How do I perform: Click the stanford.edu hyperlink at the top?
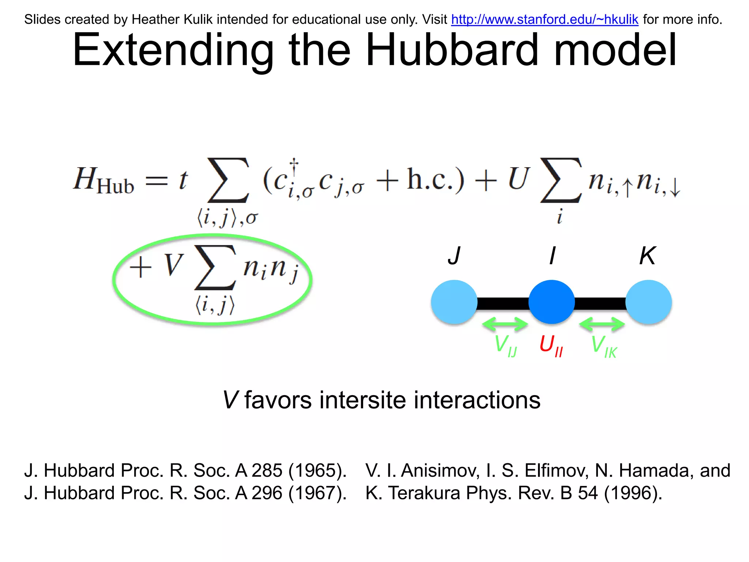click(544, 19)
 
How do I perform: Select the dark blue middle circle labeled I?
click(552, 302)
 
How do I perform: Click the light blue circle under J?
click(454, 302)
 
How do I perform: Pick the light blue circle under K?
click(648, 302)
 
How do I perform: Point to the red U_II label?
click(551, 345)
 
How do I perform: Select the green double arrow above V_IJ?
click(505, 324)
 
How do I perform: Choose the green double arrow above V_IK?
click(602, 324)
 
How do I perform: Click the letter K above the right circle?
click(647, 256)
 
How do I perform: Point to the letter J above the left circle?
click(454, 256)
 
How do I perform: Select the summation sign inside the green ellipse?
click(215, 267)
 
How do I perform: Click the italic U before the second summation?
click(519, 179)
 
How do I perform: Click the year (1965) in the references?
click(317, 471)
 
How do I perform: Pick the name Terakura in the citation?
click(424, 493)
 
